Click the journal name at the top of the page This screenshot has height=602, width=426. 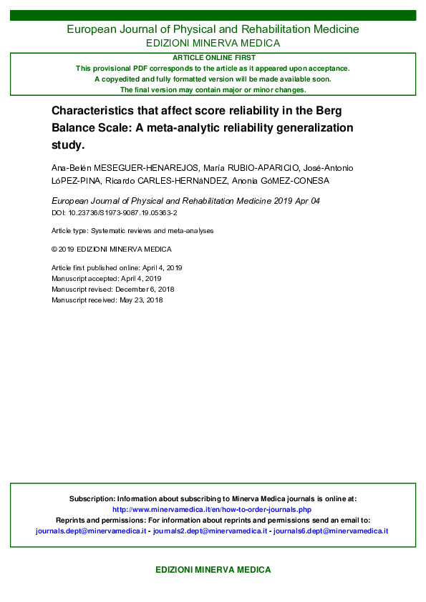coord(213,29)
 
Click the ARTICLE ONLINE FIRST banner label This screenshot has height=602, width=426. coord(213,57)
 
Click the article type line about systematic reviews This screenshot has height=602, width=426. coord(132,231)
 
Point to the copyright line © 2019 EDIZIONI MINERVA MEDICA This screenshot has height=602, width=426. coord(111,249)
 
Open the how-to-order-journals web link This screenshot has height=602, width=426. coord(213,510)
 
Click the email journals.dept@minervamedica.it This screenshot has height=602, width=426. coord(91,531)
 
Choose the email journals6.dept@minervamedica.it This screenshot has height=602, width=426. coord(331,531)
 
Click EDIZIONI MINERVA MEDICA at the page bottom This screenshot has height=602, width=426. coord(213,570)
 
